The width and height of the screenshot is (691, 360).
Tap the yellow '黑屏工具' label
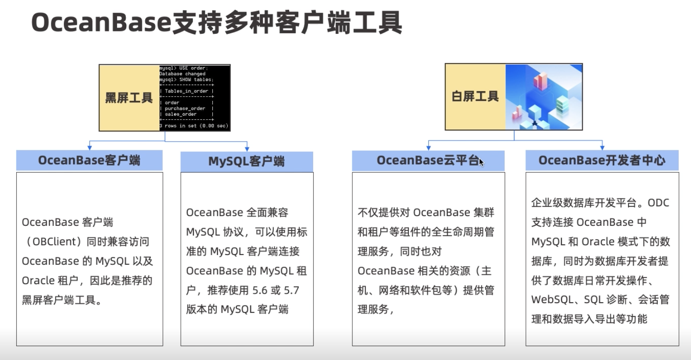click(129, 98)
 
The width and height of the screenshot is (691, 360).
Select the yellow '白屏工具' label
click(475, 96)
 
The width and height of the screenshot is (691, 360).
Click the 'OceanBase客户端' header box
click(89, 160)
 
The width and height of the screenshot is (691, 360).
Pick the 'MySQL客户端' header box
click(247, 161)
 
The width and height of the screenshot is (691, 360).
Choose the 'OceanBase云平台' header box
click(428, 160)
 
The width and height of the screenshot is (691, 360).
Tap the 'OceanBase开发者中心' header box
click(602, 160)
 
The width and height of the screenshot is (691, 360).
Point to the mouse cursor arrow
click(481, 162)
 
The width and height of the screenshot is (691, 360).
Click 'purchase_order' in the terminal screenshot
click(185, 108)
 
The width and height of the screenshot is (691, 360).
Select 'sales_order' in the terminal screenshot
click(181, 114)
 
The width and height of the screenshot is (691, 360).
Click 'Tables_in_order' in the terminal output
click(186, 91)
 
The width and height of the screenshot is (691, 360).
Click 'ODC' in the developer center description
click(658, 203)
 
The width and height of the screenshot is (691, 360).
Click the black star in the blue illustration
click(535, 124)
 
